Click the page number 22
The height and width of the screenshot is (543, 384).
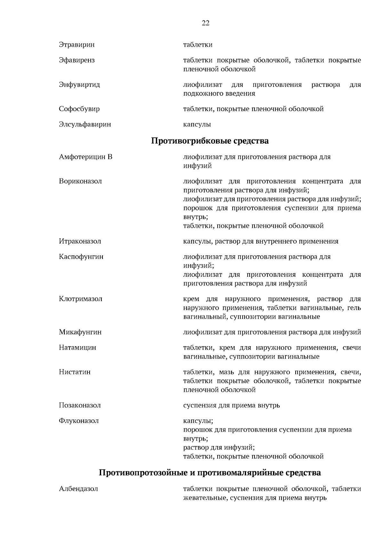(205, 23)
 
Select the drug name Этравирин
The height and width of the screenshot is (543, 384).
(77, 45)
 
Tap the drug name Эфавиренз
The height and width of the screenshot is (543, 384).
(77, 60)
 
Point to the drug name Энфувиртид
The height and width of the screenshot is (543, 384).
(79, 85)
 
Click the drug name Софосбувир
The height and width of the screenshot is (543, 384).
(79, 109)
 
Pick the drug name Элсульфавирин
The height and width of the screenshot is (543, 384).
(85, 124)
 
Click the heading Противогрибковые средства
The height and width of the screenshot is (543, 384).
(210, 141)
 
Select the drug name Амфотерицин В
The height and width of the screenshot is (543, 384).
(85, 157)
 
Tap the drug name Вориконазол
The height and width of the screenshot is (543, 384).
(80, 181)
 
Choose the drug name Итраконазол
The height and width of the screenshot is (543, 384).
(80, 242)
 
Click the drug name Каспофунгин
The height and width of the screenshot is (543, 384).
(81, 257)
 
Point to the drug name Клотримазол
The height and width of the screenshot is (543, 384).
(81, 299)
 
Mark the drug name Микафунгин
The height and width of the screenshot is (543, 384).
(80, 332)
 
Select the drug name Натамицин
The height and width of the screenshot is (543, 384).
(77, 348)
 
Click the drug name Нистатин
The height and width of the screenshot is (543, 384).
(75, 372)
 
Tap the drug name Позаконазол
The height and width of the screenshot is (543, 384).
(80, 405)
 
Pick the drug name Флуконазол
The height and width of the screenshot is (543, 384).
(79, 421)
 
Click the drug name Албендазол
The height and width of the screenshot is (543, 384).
(78, 489)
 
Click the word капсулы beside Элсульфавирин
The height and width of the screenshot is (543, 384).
(197, 124)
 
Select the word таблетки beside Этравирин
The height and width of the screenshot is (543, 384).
(197, 45)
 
